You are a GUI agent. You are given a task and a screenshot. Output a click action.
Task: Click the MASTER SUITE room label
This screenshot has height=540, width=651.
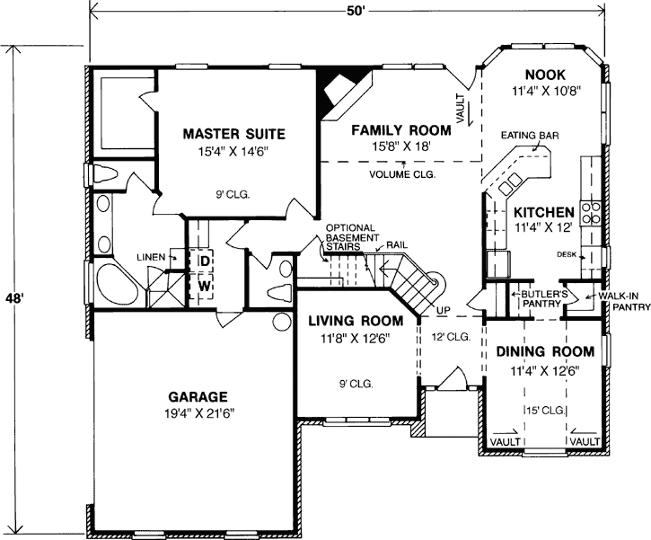[x=233, y=134]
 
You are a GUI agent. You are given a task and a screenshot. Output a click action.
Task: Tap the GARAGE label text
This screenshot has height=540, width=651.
[x=197, y=395]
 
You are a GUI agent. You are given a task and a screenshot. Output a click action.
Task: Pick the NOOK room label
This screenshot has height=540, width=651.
[x=544, y=75]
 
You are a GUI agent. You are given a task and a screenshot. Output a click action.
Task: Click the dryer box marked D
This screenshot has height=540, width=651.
[x=204, y=261]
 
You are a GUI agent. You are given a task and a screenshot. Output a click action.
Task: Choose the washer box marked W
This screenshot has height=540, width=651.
[x=204, y=286]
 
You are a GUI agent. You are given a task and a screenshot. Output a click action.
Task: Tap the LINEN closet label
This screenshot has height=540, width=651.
[x=151, y=257]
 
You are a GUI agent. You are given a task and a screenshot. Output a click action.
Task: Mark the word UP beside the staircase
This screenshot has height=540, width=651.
[x=442, y=310]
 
